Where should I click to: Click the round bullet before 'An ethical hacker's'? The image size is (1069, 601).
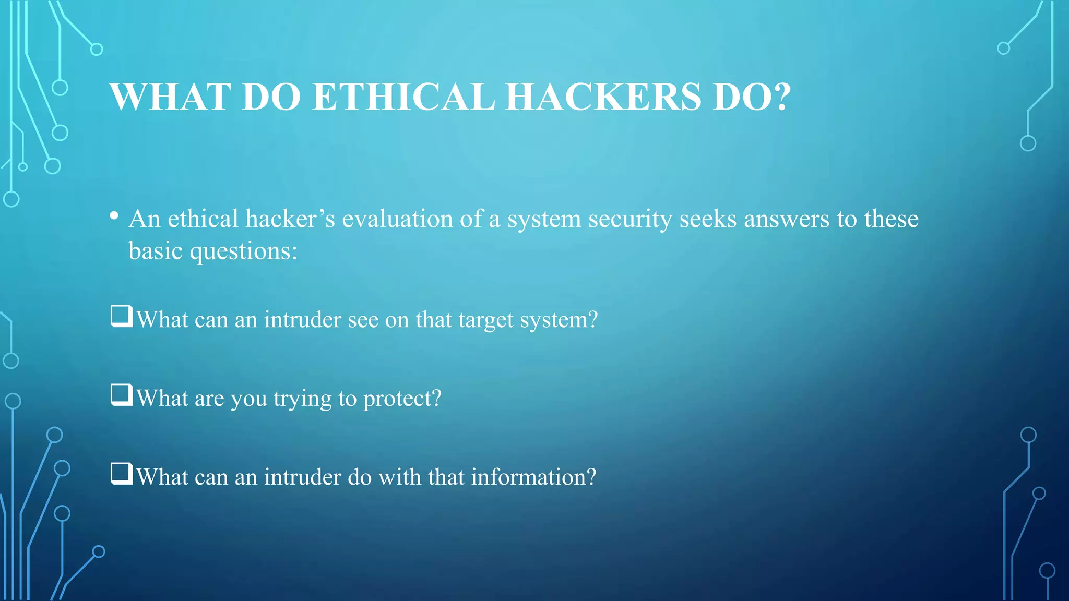click(114, 216)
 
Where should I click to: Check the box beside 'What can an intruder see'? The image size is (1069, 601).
click(122, 316)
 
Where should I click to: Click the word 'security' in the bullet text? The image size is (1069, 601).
click(631, 220)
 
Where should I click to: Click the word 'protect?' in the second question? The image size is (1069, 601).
click(402, 399)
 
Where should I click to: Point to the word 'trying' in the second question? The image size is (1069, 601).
click(303, 399)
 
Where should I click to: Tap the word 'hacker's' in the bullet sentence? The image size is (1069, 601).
click(290, 219)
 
